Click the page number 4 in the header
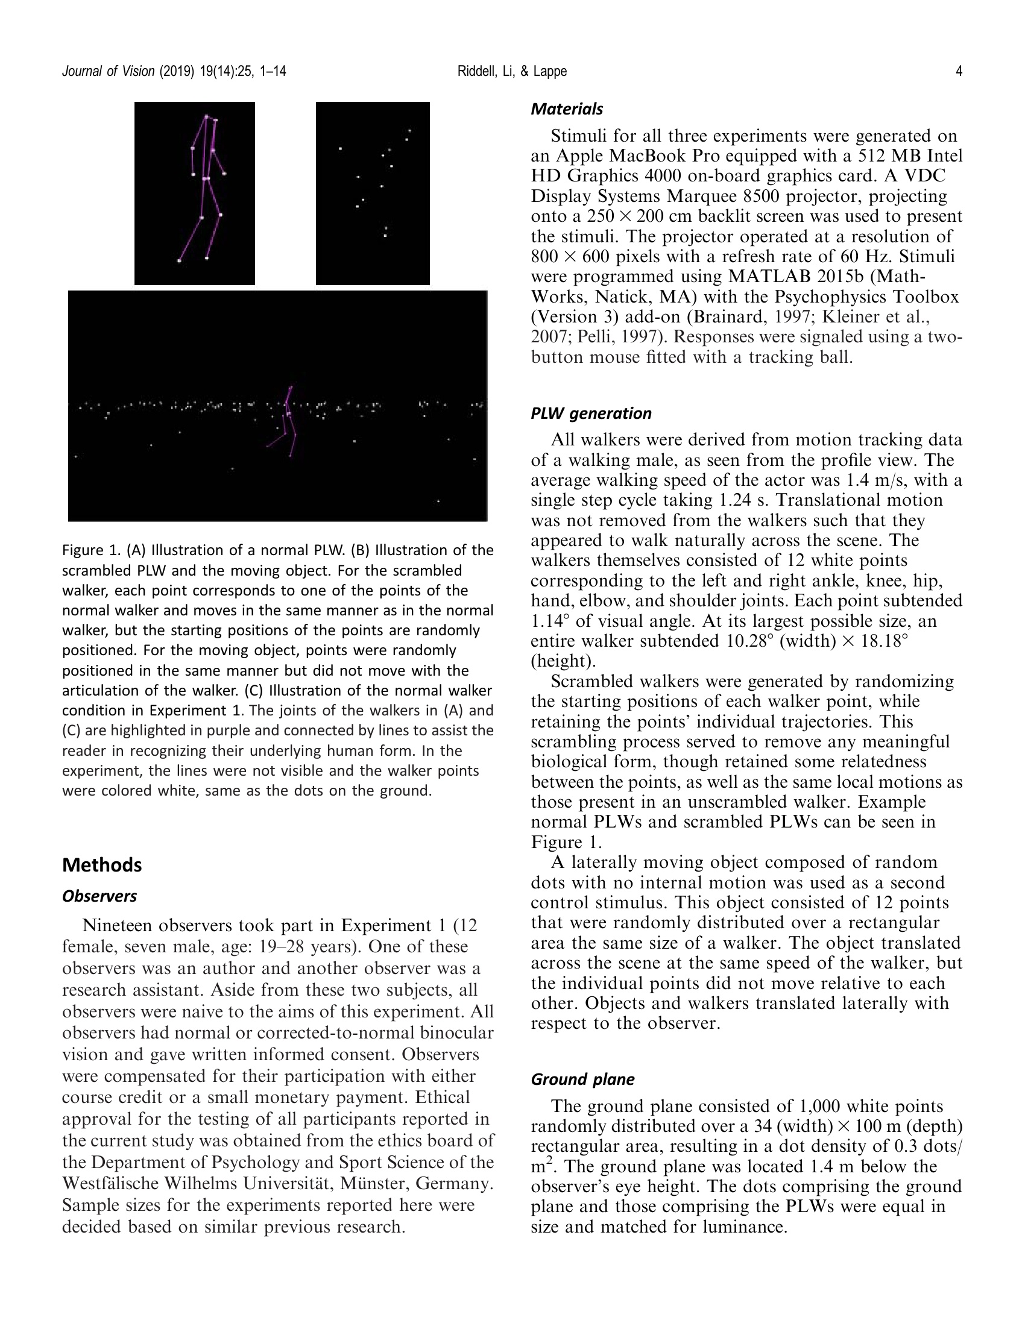pos(959,72)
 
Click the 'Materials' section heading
pos(567,109)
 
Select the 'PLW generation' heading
pos(591,413)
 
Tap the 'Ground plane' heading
pos(582,1079)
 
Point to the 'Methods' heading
pos(102,865)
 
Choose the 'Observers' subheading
pos(99,896)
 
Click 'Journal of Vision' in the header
pos(109,72)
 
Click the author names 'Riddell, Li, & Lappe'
pos(512,72)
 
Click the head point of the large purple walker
pos(206,116)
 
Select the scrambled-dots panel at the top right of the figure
pos(372,193)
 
